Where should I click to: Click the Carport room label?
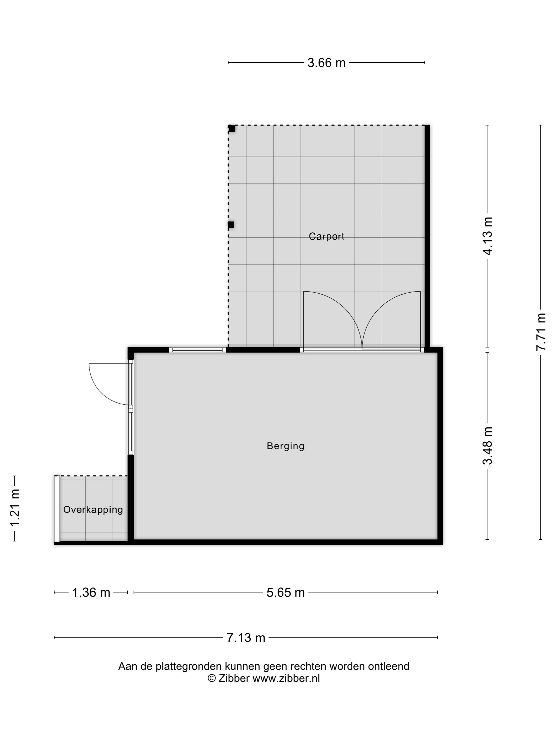coord(326,237)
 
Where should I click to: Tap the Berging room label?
coord(285,446)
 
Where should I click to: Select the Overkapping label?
coord(93,510)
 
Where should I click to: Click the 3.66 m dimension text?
coord(326,63)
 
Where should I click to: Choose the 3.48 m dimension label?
coord(488,446)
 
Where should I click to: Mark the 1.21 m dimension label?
coord(15,507)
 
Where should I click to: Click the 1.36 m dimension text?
coord(91,593)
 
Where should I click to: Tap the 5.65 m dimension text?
coord(285,593)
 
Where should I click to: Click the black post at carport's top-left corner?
coord(232,128)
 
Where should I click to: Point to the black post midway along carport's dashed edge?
coord(231,224)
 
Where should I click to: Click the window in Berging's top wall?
coord(197,350)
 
